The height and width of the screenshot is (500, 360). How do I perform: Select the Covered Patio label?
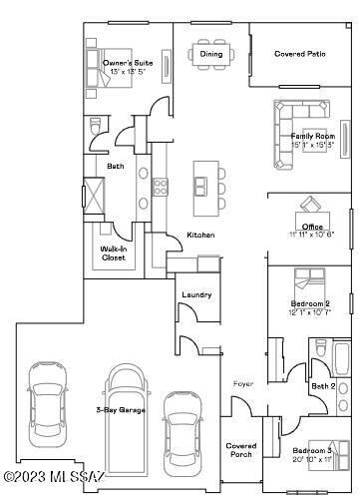point(300,54)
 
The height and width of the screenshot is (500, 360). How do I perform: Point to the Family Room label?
point(311,136)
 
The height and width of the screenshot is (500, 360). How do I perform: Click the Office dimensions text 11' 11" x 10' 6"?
point(311,235)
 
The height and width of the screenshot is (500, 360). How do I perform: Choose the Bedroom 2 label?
point(310,302)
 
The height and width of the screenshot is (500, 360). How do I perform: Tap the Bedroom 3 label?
point(312,451)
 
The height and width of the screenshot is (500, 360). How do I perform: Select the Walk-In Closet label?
point(114,253)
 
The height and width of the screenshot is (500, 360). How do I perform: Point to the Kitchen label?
point(200,235)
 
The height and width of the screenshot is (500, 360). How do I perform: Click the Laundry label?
point(196,294)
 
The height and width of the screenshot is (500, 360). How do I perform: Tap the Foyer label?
point(243,382)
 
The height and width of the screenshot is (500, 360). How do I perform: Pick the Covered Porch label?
point(241,450)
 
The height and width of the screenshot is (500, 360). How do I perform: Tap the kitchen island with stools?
point(204,183)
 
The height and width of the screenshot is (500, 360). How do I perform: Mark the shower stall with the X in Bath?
point(94,191)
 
